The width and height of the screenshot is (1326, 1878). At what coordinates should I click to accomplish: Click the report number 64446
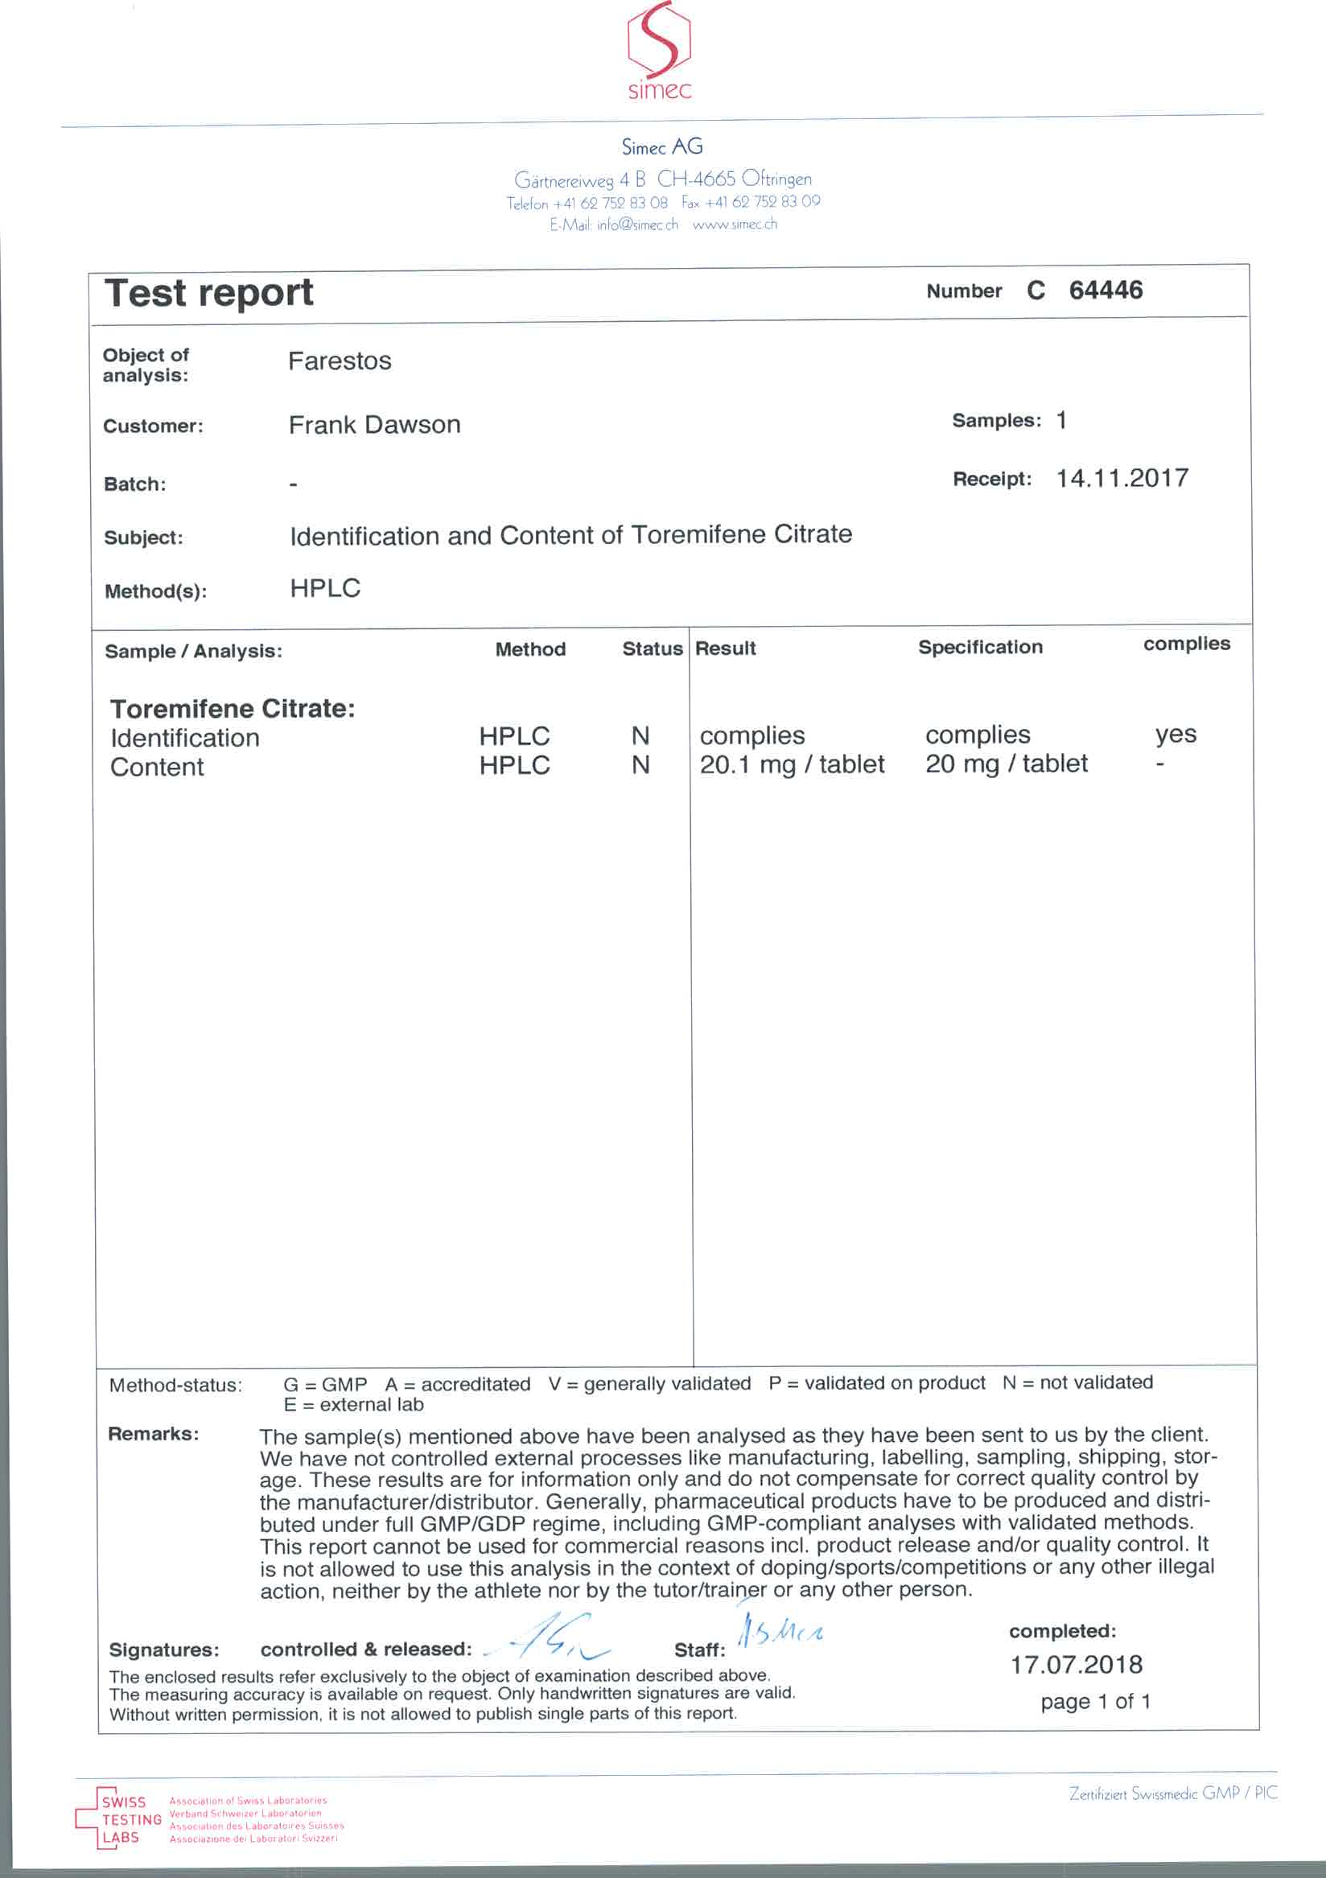pos(1106,290)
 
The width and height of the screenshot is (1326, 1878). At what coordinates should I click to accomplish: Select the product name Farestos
pos(340,360)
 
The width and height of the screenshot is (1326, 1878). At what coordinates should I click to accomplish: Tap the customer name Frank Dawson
pos(375,425)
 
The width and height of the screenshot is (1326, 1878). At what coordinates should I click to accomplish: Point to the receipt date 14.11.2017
pos(1122,478)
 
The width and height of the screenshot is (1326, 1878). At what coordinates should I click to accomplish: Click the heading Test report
pos(209,293)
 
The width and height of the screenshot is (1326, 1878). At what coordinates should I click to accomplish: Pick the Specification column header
pos(980,647)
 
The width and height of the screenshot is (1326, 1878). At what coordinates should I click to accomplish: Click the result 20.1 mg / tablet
pos(791,764)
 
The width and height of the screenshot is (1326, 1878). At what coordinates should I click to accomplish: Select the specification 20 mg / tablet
pos(1006,763)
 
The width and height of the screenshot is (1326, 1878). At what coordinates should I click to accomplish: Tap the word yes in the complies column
pos(1176,734)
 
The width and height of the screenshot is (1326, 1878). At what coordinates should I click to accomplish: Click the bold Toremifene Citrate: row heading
pos(233,708)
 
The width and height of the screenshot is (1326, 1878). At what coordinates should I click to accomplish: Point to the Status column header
pos(651,649)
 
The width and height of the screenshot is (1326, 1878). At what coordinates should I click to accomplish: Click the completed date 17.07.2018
pos(1076,1665)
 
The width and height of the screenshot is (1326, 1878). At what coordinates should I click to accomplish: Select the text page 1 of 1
pos(1095,1701)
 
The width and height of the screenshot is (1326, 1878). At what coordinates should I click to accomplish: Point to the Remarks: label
pos(153,1434)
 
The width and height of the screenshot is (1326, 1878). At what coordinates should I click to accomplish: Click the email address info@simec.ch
pos(637,225)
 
